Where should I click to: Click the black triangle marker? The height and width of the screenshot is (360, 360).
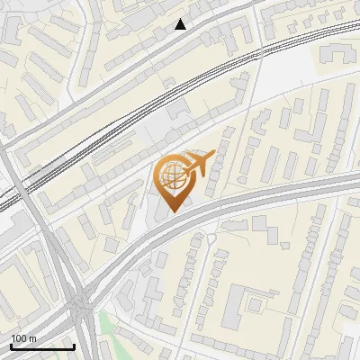[181, 24]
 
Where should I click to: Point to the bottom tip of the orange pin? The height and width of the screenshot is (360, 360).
[173, 212]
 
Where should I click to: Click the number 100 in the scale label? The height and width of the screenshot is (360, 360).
[19, 338]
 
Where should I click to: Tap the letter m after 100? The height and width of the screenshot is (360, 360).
[32, 338]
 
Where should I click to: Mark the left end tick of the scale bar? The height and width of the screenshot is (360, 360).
[11, 346]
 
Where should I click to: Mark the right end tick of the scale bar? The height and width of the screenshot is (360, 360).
[74, 346]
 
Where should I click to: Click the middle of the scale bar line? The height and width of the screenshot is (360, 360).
[42, 347]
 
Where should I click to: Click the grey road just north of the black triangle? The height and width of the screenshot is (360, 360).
[180, 11]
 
